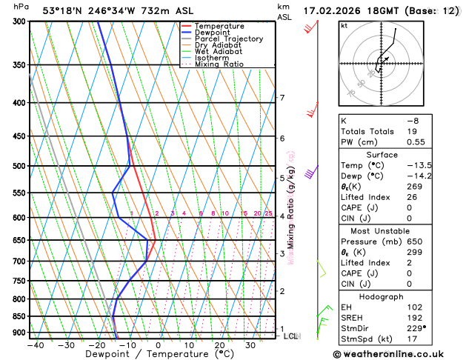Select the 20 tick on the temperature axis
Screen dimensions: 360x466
tap(220, 345)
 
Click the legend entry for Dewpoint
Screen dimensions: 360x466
tap(213, 33)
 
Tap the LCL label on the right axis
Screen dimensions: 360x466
tap(290, 336)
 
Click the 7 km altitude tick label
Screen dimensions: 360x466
tap(282, 98)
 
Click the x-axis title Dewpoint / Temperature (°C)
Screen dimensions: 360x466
tap(153, 355)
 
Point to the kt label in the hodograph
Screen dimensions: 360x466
tap(344, 26)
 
